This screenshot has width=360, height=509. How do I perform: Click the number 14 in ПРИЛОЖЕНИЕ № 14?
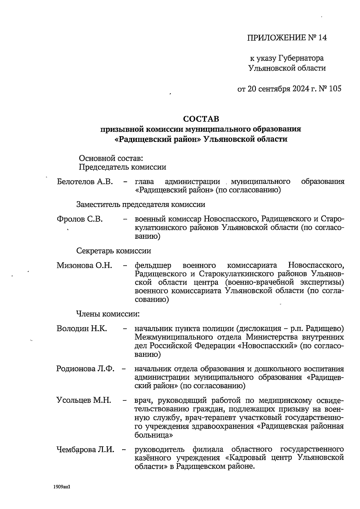click(322, 38)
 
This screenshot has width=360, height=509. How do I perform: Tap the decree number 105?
click(335, 89)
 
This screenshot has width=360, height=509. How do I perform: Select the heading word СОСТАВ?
click(201, 119)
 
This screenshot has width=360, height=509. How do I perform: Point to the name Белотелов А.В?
click(85, 182)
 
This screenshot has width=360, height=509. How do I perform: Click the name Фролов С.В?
click(79, 219)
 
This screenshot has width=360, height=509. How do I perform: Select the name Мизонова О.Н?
click(84, 265)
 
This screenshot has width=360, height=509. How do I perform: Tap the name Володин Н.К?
click(82, 328)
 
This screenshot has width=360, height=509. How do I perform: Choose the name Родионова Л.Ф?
click(85, 369)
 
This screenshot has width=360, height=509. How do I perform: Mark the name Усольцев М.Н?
click(84, 400)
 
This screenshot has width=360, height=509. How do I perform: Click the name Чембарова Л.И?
click(85, 450)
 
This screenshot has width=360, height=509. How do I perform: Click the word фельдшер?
click(153, 265)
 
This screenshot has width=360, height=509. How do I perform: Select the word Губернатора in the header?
click(301, 58)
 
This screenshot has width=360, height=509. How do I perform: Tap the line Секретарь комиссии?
click(114, 251)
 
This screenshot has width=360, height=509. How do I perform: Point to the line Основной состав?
click(111, 158)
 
